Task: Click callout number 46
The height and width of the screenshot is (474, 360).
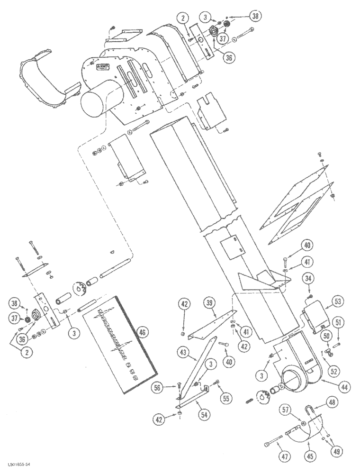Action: coord(141,333)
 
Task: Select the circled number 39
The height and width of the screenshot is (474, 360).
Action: coord(209,303)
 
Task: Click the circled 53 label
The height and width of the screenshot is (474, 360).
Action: coord(339,301)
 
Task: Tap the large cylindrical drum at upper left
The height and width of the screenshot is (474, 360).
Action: coord(100,100)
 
